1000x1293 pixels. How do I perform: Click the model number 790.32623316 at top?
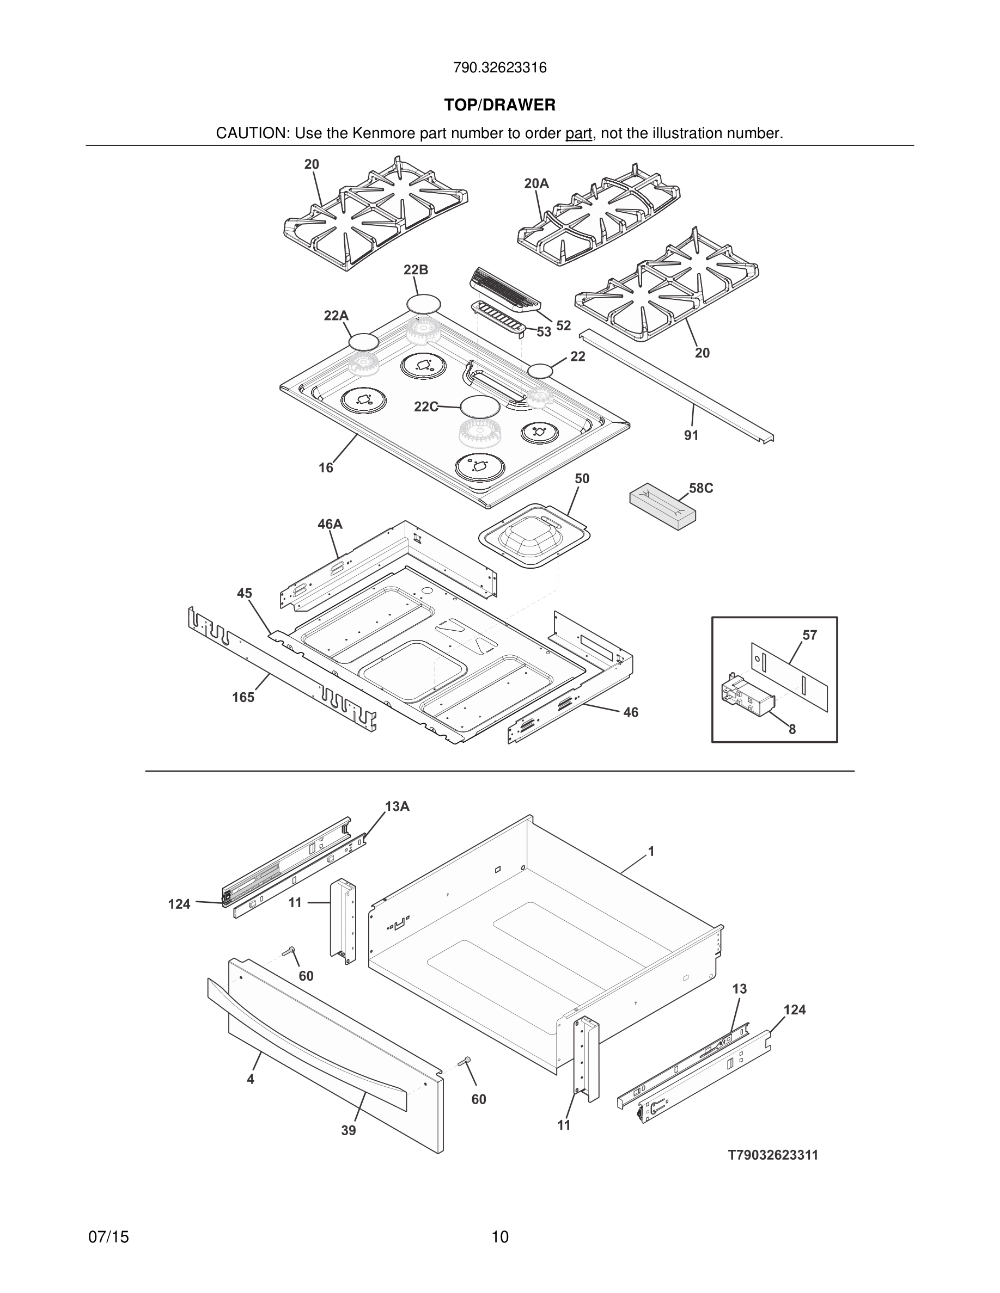(x=499, y=68)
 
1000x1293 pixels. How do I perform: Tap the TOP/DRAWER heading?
(x=499, y=106)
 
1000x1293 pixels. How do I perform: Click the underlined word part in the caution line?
(x=578, y=134)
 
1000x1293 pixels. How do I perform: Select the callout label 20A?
(x=536, y=183)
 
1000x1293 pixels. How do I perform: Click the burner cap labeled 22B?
(x=424, y=304)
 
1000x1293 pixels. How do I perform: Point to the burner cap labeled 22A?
(x=363, y=342)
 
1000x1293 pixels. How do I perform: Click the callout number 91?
(x=691, y=435)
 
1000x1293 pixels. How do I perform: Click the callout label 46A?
(x=330, y=525)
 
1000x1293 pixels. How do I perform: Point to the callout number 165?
(x=243, y=698)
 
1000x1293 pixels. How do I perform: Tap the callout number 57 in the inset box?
(x=809, y=635)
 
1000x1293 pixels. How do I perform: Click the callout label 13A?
(x=397, y=806)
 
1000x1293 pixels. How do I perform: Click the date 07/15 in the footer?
(x=108, y=1237)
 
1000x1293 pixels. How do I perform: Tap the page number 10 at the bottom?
(x=499, y=1237)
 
